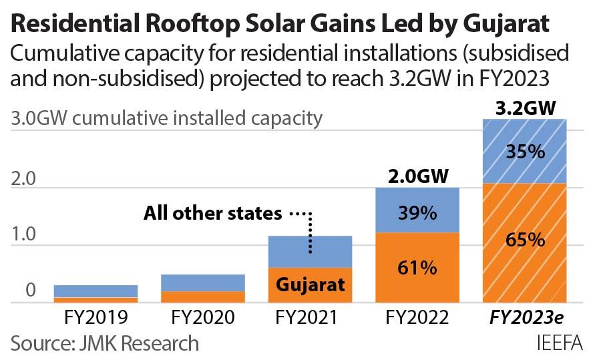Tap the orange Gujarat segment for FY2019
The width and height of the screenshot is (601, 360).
(95, 300)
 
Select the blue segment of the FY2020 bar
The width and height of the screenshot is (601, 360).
(203, 283)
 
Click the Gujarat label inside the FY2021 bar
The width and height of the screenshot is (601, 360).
(311, 285)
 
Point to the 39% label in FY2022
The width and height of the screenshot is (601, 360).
(417, 214)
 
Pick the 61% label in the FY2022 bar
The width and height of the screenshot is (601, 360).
(417, 268)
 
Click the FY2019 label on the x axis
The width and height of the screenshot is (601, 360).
(95, 317)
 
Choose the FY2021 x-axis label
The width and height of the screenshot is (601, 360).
(311, 317)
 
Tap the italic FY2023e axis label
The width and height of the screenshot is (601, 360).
(524, 317)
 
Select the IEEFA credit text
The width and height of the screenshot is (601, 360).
(560, 343)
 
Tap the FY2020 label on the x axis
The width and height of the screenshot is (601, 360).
(203, 317)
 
